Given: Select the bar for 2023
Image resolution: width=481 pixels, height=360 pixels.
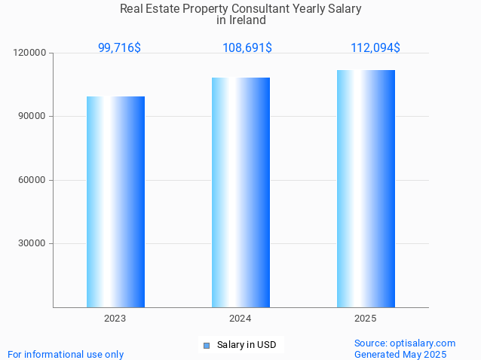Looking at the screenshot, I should coord(115,202).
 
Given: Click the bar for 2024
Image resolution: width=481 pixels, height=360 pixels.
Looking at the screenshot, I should coord(240,192).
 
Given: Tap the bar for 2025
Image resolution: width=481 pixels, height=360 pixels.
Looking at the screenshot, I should coord(366,188).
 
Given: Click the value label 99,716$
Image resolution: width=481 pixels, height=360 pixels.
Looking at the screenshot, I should coord(119,47).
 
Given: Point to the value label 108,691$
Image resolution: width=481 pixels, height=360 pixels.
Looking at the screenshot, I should coord(247,47).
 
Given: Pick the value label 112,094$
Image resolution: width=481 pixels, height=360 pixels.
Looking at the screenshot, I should coord(375,47).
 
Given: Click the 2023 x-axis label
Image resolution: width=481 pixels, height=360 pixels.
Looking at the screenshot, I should coord(115,319).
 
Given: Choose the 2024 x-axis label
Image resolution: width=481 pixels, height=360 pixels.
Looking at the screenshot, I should coord(240,319).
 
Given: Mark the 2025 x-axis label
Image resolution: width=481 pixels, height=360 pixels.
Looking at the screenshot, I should coord(366,319).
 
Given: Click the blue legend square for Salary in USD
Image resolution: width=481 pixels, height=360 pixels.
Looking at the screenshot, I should coord(206,346).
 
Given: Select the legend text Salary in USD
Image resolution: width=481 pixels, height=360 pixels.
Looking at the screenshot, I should coord(247,345).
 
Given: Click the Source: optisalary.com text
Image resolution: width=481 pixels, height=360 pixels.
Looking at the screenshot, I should coord(405,343).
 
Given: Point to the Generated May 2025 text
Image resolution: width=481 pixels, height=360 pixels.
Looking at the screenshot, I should coord(400,354).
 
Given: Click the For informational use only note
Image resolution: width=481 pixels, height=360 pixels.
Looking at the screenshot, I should coord(66,354).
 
